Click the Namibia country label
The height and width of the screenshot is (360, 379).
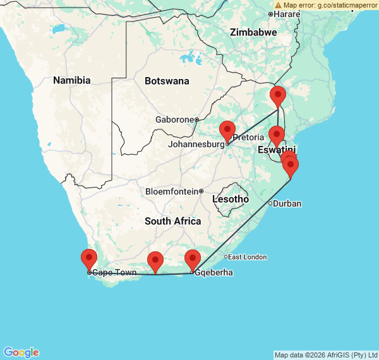(x=71, y=80)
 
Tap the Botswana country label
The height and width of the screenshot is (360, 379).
(x=167, y=81)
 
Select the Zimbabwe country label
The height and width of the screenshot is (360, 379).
(x=253, y=32)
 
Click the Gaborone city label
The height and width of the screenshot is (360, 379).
(x=174, y=119)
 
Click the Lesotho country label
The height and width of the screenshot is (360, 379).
(x=231, y=199)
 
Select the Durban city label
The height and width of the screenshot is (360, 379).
(x=287, y=203)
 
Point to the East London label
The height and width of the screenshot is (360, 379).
(x=247, y=257)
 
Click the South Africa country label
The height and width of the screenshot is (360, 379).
(x=172, y=221)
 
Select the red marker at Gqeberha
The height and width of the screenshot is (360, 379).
(x=193, y=260)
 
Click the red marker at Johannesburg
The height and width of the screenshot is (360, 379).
(x=227, y=131)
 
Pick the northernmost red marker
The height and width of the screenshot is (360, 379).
(x=278, y=97)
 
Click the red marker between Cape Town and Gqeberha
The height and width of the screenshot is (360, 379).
(x=155, y=262)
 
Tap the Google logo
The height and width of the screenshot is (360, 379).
(x=20, y=352)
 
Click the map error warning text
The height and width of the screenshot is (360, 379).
(x=327, y=5)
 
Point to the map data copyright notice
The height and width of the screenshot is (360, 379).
(x=326, y=355)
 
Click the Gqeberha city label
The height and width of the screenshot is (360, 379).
(x=214, y=273)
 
